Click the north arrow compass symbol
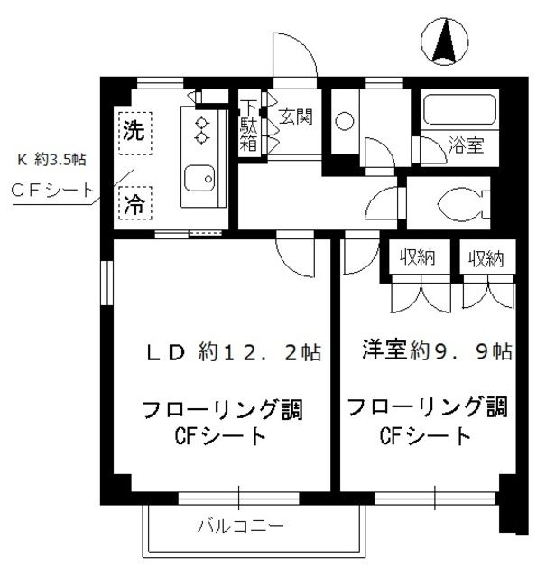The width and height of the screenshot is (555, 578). click(444, 42)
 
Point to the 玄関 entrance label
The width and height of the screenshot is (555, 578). click(294, 117)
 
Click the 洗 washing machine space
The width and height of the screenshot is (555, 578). click(134, 130)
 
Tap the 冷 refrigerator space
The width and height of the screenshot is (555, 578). click(134, 200)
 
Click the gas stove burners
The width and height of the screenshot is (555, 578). click(201, 129)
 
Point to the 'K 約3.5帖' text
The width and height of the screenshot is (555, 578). click(53, 160)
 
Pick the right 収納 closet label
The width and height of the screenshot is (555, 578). click(486, 258)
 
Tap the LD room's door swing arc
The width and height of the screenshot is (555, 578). click(298, 257)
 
